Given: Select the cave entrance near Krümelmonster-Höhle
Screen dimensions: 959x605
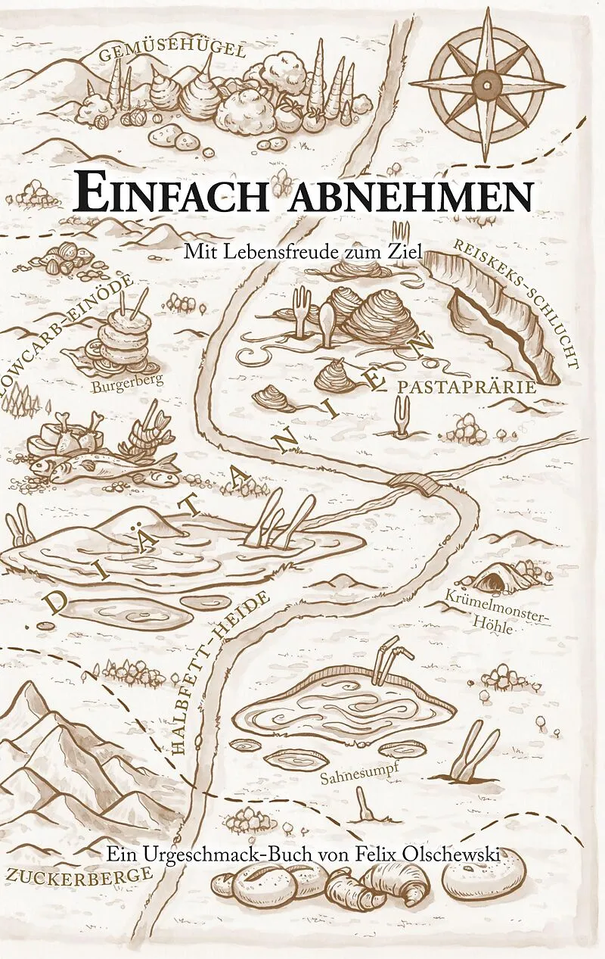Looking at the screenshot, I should coord(493,581).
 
